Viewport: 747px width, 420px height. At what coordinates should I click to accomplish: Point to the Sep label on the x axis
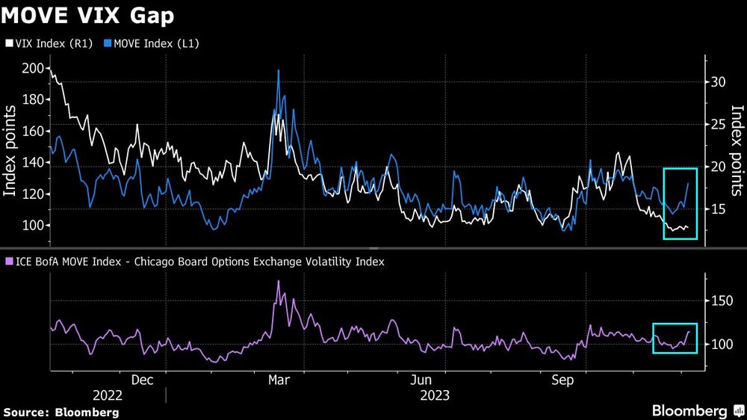tap(562, 380)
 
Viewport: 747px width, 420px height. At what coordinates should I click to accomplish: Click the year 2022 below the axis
tap(108, 395)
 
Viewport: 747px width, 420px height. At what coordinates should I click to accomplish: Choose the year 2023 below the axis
tap(435, 395)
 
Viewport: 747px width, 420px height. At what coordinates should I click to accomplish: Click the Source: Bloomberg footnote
tap(61, 412)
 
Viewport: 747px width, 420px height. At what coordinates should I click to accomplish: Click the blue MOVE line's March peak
tap(279, 71)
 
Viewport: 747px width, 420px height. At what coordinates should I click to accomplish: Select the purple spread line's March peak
tap(279, 282)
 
